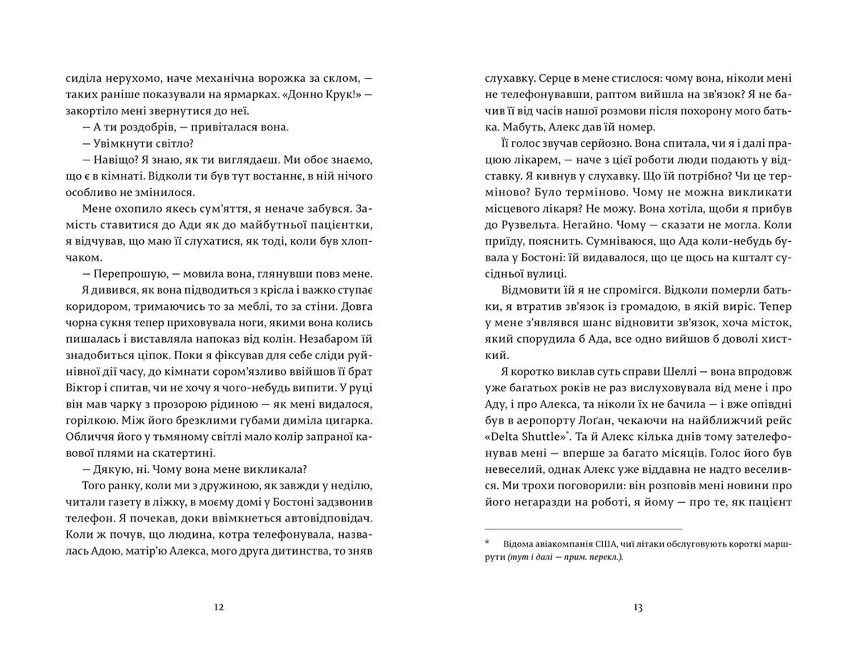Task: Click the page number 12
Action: pos(219,607)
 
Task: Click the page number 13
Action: pos(638,607)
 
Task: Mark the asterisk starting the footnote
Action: pos(487,544)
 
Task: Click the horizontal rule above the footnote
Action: pos(583,529)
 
